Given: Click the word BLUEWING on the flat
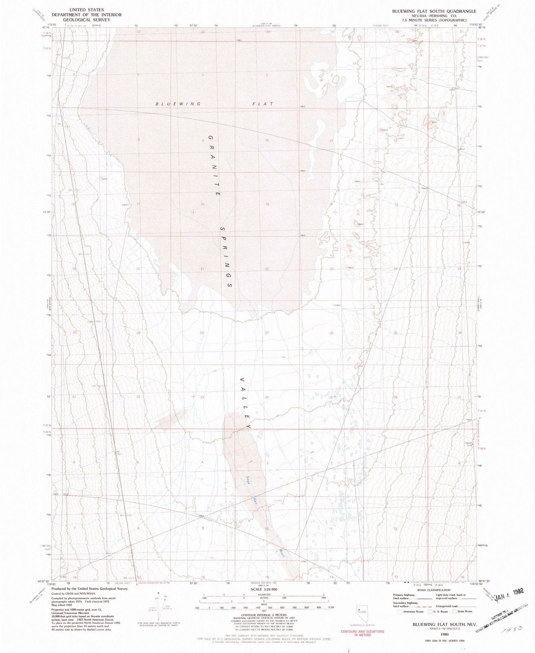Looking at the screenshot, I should pos(178,104).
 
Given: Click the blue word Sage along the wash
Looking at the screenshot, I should pos(249,482).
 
